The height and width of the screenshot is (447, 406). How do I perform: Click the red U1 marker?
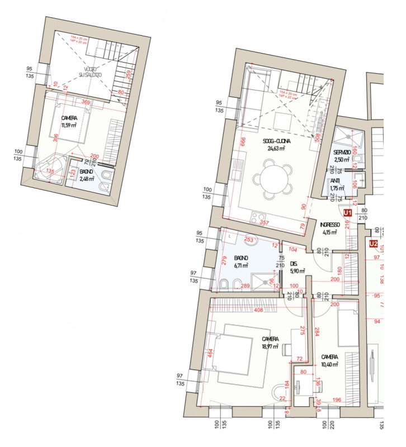347,213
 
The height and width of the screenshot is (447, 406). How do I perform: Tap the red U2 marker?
373,244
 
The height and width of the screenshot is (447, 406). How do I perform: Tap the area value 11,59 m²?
69,126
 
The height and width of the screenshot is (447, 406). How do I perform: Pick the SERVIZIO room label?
342,153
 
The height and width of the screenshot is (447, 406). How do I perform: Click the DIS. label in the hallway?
294,265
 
